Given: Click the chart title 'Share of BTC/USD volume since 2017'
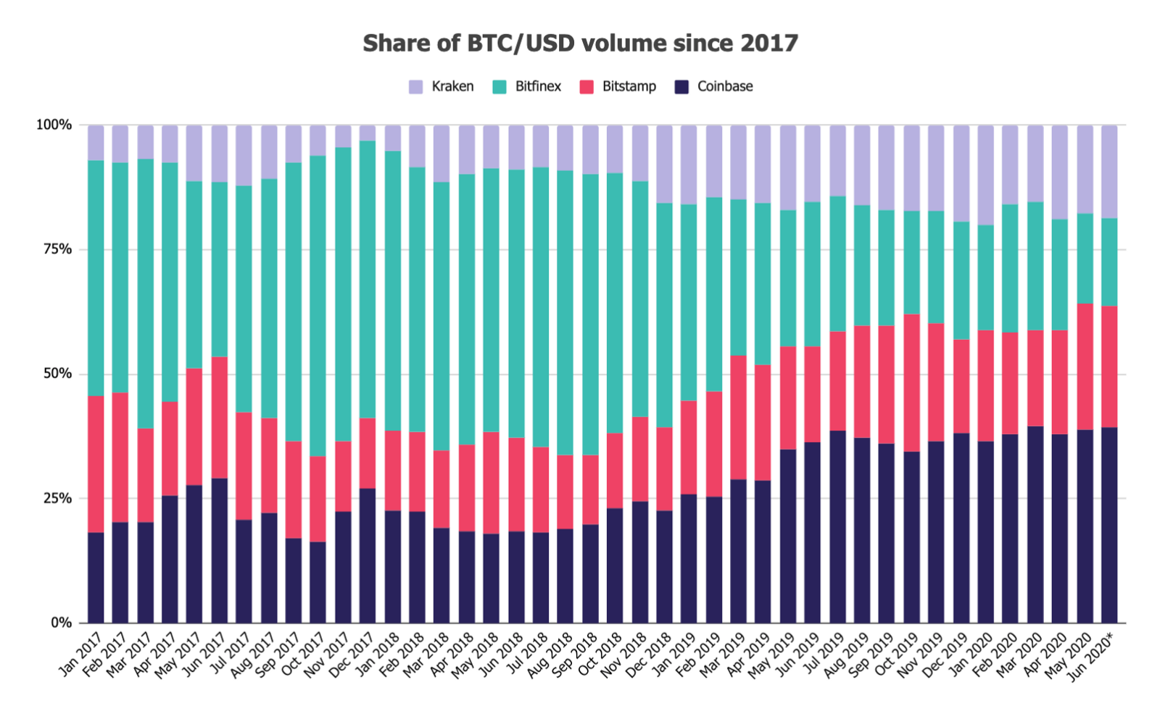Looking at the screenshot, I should pos(580,43).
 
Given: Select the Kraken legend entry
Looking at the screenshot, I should pos(442,87).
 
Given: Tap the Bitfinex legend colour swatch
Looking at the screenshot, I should pos(500,87).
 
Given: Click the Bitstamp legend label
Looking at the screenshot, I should pos(629,87).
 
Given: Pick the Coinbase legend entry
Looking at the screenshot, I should pos(714,87).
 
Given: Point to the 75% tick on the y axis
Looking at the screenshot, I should pos(54,249).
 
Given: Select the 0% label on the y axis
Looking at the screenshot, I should pos(61,623).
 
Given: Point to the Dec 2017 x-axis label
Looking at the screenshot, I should pos(352,655).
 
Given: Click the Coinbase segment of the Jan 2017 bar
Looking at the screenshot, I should pos(96,578).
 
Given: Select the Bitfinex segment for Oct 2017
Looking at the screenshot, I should pos(318,304).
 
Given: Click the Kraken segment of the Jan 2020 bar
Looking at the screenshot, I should pos(985,175).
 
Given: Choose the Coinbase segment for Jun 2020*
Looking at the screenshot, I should pos(1109,525).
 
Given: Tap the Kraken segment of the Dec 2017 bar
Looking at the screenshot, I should pos(368,133).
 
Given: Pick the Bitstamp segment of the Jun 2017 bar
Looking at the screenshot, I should pos(220,418).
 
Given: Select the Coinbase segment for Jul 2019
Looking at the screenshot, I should pos(837,526).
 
